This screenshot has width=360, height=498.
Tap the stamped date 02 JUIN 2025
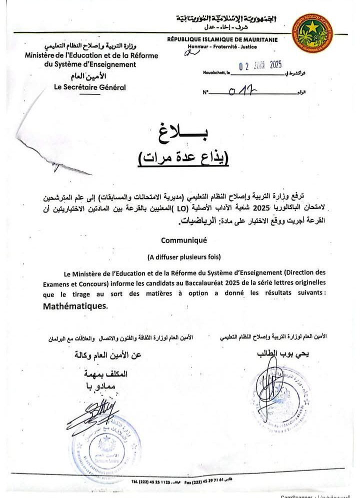(261, 65)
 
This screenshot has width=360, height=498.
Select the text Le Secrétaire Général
(90, 87)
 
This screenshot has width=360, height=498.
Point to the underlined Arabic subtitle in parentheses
(182, 158)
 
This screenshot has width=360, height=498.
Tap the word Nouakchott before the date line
(216, 73)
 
